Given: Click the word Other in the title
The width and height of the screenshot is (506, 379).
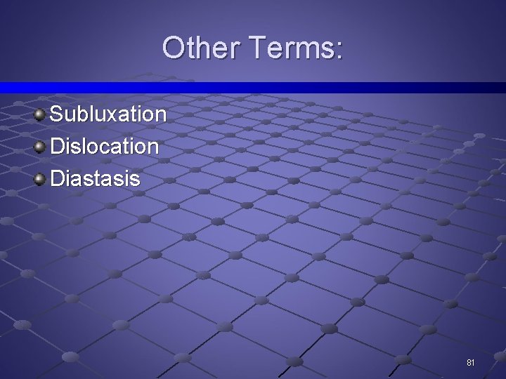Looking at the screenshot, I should [201, 48].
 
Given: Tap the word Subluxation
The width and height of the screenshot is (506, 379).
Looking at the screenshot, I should [108, 114].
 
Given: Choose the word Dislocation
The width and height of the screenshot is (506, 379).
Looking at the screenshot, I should [105, 146].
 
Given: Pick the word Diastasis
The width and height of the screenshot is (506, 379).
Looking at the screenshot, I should [96, 178].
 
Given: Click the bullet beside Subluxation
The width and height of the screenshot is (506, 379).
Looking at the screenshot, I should [40, 113].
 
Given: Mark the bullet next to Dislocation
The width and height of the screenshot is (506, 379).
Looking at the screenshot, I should [40, 146].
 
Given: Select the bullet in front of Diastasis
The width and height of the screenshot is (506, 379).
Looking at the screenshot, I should [40, 178].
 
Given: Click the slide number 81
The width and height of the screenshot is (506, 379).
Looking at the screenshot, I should [471, 363].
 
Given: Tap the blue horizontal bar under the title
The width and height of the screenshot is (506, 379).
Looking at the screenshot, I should [253, 87].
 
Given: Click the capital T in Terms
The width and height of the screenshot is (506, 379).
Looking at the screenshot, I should [257, 48].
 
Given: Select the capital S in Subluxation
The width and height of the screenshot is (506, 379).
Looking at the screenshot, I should [58, 114].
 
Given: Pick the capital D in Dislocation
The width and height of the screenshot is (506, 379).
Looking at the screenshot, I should [58, 146].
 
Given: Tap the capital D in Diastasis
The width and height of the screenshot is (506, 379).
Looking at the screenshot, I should [58, 178].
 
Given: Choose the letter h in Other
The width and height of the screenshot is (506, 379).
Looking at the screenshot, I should [207, 48].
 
